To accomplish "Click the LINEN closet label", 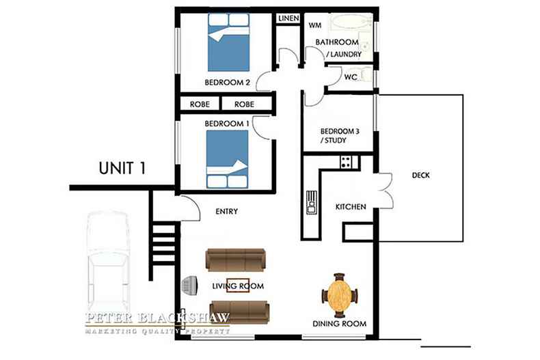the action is (x=288, y=18).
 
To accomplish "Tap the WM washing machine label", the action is (x=315, y=25).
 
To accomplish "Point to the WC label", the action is (x=351, y=77).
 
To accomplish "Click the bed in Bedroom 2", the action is (x=229, y=42).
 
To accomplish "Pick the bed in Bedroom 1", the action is (x=228, y=159).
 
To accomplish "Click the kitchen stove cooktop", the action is (x=346, y=162).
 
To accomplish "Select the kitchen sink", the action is (x=311, y=202).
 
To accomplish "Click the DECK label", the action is (x=421, y=175).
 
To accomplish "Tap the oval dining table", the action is (x=339, y=295).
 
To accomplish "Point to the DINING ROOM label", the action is (x=339, y=324).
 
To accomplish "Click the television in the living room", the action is (x=190, y=286).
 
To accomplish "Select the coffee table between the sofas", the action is (x=238, y=286).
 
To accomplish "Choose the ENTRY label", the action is (x=227, y=211).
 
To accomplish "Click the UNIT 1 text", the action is (x=122, y=168).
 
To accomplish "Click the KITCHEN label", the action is (x=351, y=207).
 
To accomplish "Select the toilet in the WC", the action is (x=366, y=76).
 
